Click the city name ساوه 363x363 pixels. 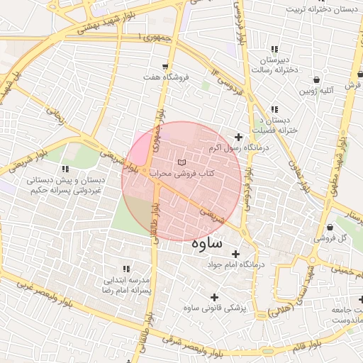pos(207,242)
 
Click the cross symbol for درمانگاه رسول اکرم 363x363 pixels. pos(238,137)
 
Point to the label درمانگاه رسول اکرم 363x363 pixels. pos(240,148)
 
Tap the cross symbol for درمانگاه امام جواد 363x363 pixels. pos(235,254)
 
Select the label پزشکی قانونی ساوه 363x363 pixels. pos(213,308)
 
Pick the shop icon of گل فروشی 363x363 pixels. pos(331,227)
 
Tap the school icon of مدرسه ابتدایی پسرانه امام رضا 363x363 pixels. pos(126,269)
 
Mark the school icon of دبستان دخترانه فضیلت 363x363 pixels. pos(274,109)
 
